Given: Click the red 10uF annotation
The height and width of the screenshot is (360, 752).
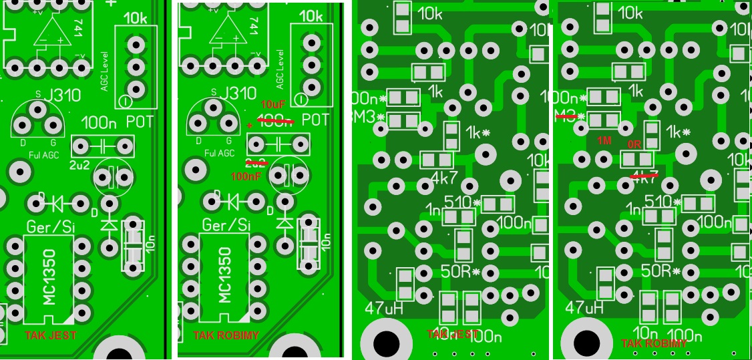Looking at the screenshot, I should tap(274, 106).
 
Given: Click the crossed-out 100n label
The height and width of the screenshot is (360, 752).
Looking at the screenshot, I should tap(275, 121).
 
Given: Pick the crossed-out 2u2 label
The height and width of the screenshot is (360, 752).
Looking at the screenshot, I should tap(256, 162).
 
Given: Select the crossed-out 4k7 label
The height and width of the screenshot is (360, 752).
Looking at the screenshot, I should tap(645, 178).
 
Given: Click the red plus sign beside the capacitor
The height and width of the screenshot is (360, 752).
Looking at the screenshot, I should tap(250, 126).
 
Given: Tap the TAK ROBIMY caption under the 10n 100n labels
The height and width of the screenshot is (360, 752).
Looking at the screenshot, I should tap(654, 343).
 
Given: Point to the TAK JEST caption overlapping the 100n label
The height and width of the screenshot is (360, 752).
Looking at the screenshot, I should tap(453, 334).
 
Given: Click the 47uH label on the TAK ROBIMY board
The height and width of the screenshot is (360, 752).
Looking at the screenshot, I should tap(584, 308).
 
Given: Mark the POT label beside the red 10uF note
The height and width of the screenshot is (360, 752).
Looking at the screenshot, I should tap(315, 120).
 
